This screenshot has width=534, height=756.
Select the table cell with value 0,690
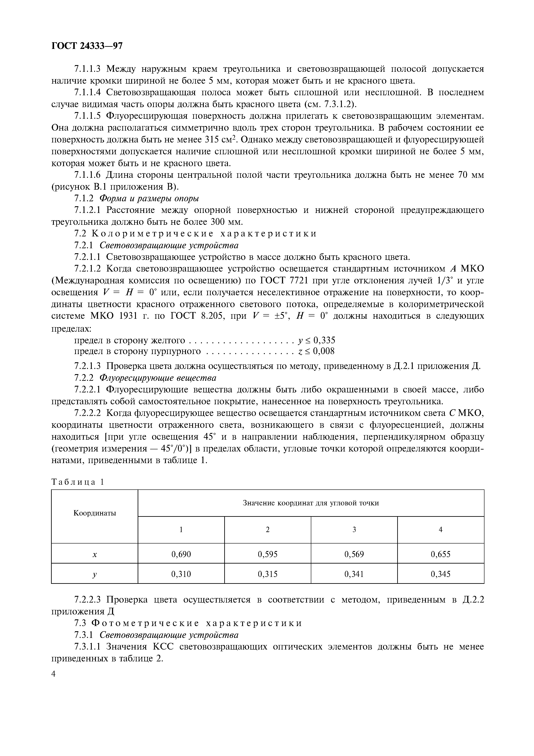tap(181, 554)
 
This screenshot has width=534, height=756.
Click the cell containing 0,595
tap(268, 554)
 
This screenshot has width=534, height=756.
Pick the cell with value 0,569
tap(354, 554)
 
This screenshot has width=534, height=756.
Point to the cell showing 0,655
tap(441, 554)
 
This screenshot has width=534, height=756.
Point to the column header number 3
tap(354, 530)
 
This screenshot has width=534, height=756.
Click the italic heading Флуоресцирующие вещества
tap(158, 378)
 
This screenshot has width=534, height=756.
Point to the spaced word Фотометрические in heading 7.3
tap(145, 623)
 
